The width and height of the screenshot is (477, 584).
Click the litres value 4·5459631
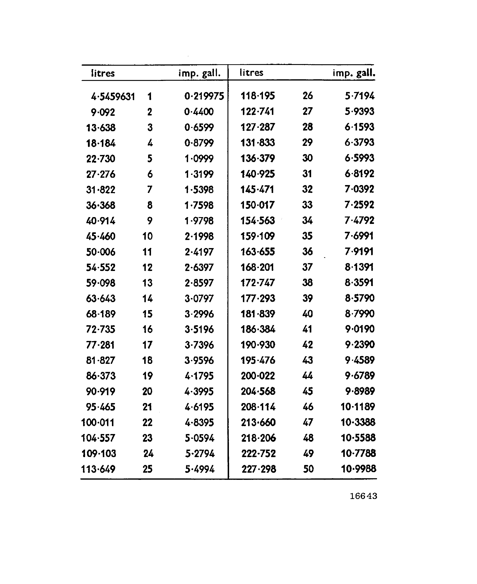(113, 97)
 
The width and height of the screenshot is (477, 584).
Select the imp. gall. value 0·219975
(204, 96)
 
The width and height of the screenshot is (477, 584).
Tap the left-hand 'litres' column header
(103, 73)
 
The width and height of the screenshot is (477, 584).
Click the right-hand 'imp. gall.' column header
(354, 73)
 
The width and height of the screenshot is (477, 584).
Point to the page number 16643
(363, 496)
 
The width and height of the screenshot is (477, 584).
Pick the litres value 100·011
(98, 422)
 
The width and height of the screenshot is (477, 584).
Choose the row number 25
(148, 469)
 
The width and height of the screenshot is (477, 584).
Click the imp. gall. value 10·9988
(358, 469)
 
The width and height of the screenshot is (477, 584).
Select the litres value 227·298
(258, 469)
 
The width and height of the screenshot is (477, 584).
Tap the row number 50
(308, 469)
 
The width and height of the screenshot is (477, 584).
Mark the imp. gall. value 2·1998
(199, 236)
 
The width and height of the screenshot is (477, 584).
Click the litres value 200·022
(258, 376)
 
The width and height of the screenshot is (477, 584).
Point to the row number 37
(308, 267)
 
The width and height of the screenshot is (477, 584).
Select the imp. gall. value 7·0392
(359, 189)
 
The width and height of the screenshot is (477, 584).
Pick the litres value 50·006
(100, 252)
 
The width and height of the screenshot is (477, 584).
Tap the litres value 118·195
(257, 96)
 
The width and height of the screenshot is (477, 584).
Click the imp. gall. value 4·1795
(199, 376)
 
